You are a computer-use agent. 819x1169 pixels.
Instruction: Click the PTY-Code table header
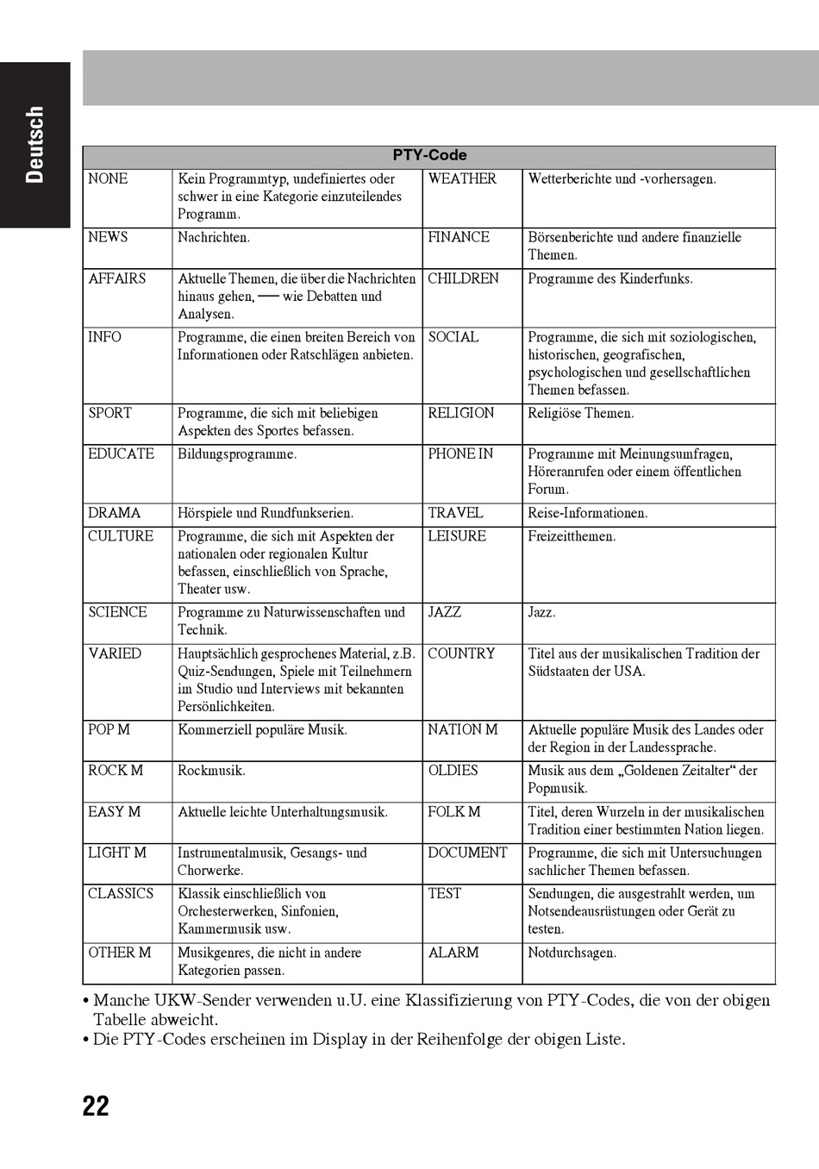click(429, 156)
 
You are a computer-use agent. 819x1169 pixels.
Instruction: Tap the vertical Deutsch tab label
click(34, 145)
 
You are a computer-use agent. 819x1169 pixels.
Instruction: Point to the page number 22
click(96, 1106)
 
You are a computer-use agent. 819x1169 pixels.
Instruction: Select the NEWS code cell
click(109, 237)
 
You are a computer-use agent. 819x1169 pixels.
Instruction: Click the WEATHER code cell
click(462, 179)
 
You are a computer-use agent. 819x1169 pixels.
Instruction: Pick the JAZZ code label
click(445, 612)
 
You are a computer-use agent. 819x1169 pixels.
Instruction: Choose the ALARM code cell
click(453, 953)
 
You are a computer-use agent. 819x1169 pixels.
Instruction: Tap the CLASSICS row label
click(121, 894)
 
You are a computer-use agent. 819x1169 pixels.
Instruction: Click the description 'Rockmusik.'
click(211, 771)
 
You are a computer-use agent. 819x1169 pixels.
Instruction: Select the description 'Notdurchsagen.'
click(572, 953)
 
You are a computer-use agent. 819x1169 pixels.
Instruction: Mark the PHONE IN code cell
click(460, 453)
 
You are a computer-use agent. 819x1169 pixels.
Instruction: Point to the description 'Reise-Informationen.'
click(588, 513)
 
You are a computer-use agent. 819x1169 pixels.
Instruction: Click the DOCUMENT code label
click(468, 853)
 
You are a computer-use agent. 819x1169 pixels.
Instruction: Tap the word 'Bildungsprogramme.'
click(237, 454)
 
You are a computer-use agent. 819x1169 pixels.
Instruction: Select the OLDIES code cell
click(453, 771)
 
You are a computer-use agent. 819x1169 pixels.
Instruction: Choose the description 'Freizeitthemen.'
click(572, 536)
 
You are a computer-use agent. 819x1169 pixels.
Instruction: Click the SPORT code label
click(110, 413)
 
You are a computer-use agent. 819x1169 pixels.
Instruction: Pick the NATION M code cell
click(463, 729)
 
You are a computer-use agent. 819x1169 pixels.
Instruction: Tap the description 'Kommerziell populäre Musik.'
click(263, 730)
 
